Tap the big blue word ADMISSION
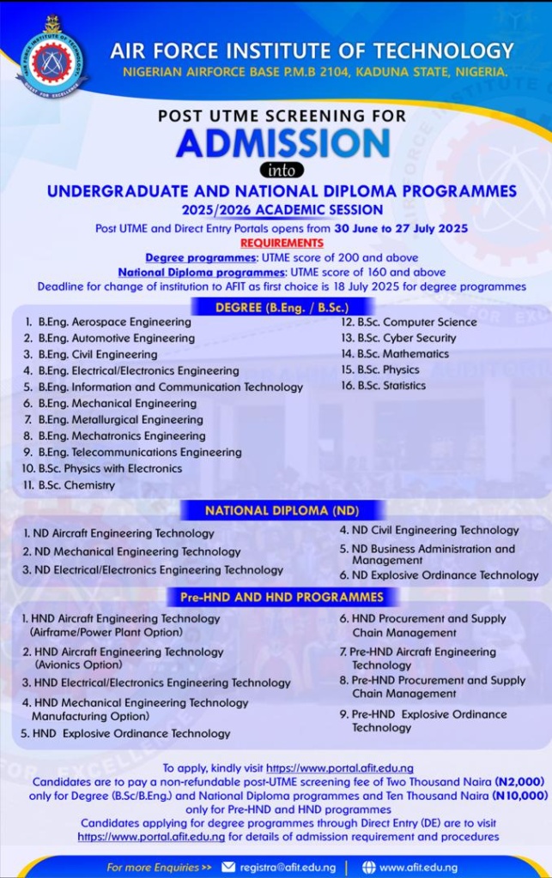point(282,143)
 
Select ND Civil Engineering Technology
point(435,531)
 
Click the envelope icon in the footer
point(227,867)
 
